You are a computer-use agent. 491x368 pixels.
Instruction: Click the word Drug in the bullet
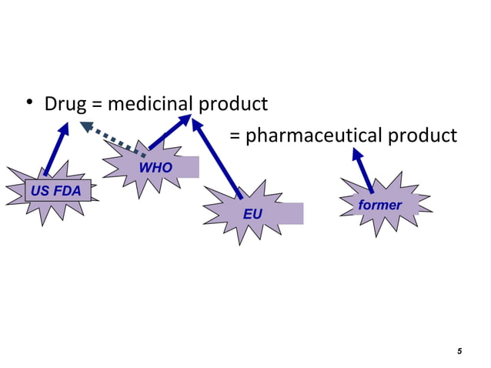65,103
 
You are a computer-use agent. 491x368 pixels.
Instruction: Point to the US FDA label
56,191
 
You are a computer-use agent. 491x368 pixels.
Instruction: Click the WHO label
155,169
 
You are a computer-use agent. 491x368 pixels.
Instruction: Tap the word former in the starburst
379,206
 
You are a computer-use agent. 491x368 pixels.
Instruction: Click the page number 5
459,352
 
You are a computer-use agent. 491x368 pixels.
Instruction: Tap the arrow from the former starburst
363,170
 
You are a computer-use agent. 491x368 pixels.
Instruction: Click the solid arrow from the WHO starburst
172,130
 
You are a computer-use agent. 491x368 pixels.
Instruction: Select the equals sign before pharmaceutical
236,137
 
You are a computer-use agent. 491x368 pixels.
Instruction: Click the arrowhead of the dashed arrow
86,126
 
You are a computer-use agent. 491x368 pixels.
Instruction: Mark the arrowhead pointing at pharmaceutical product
357,154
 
